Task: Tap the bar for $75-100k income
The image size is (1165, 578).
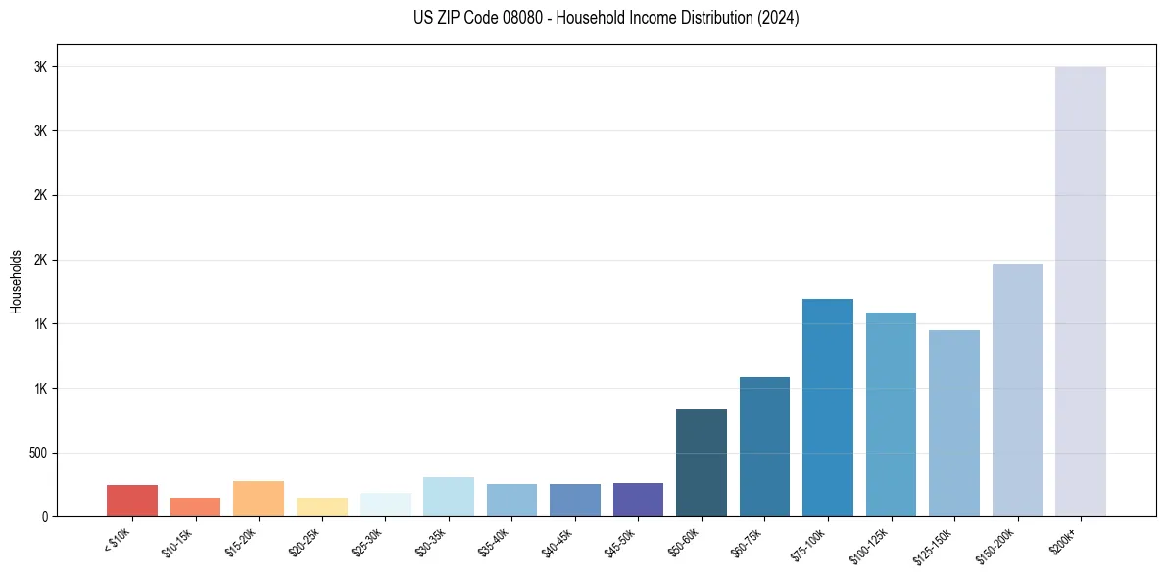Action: click(827, 408)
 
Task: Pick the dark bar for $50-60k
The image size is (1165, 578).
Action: click(701, 462)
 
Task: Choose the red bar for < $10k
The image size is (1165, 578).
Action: click(131, 501)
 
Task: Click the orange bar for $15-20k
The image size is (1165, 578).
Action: click(258, 499)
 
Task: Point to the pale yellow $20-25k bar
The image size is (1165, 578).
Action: click(321, 506)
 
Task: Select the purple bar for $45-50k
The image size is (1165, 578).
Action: click(638, 500)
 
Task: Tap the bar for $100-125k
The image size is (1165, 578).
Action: click(891, 414)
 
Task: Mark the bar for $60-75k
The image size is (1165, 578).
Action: click(764, 447)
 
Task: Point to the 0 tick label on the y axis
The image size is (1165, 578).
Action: click(45, 517)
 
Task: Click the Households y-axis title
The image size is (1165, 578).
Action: click(16, 280)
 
